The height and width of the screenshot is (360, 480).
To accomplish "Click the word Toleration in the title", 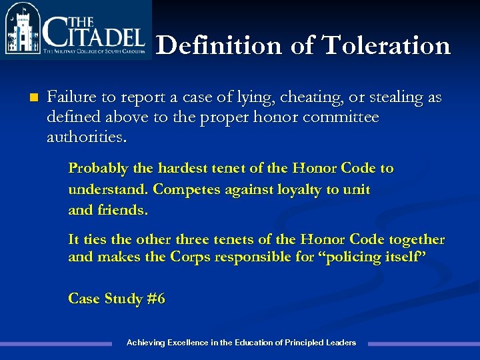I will (x=386, y=45).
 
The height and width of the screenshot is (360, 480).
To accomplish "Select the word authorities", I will (x=85, y=139).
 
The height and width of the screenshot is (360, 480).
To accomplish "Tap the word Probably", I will (x=95, y=169).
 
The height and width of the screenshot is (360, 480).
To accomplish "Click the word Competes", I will (x=183, y=189).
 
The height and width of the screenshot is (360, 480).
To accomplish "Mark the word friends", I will (x=122, y=210).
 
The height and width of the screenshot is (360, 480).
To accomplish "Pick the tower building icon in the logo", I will (x=21, y=31).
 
